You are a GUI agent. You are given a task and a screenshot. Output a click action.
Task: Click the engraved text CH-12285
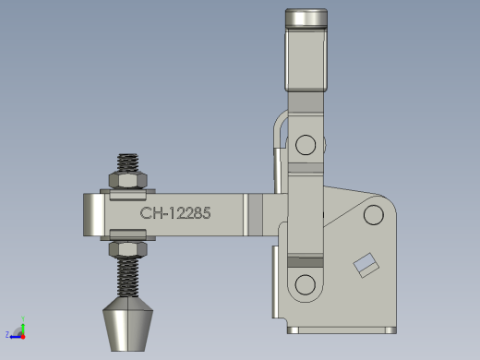[175, 213]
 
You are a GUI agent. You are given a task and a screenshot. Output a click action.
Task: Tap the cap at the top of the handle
[306, 18]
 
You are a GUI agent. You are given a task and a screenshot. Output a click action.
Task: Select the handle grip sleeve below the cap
[306, 60]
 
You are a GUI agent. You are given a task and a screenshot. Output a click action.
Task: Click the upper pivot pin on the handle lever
[306, 145]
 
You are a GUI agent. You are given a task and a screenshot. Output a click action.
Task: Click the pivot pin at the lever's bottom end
[306, 284]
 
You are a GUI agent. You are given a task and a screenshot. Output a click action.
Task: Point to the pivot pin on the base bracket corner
[374, 214]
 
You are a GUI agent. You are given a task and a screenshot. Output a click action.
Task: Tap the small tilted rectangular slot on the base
[366, 265]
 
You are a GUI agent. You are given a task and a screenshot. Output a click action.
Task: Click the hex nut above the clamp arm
[128, 180]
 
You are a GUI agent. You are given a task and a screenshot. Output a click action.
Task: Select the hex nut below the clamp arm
[128, 249]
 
